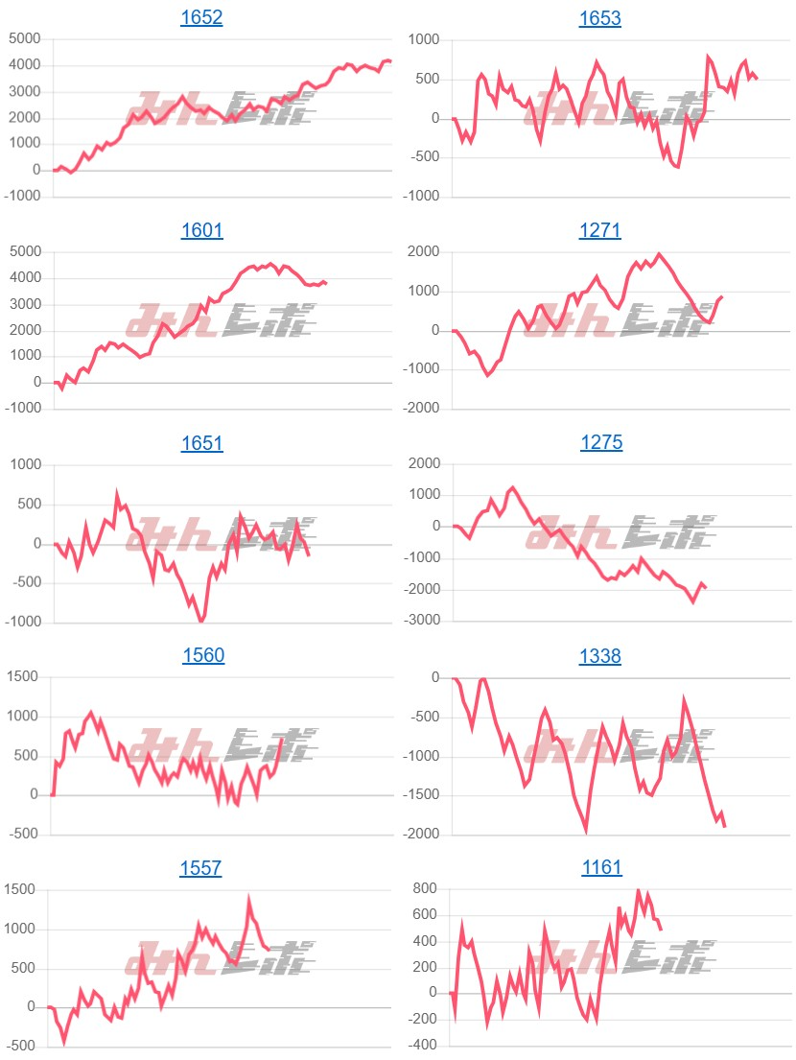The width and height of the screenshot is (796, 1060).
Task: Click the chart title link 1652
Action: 201,17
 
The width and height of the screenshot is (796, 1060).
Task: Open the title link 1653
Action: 600,17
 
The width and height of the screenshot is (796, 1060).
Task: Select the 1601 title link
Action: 201,230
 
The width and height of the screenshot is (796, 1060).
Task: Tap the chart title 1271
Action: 600,230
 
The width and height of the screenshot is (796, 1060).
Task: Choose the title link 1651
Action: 201,443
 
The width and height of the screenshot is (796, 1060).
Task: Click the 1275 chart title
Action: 600,443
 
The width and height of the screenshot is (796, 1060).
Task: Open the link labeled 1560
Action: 201,656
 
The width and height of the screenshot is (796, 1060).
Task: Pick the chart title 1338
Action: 600,656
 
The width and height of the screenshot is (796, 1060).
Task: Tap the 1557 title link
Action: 201,868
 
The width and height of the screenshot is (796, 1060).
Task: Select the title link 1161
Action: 600,868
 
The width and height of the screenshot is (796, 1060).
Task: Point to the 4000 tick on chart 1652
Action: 25,65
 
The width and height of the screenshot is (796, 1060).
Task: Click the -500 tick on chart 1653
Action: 421,157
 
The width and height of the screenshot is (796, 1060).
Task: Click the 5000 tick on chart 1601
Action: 25,252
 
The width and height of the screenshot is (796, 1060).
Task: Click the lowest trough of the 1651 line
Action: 201,622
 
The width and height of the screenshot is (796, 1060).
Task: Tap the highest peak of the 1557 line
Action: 249,900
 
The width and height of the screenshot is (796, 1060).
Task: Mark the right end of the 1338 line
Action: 724,826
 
